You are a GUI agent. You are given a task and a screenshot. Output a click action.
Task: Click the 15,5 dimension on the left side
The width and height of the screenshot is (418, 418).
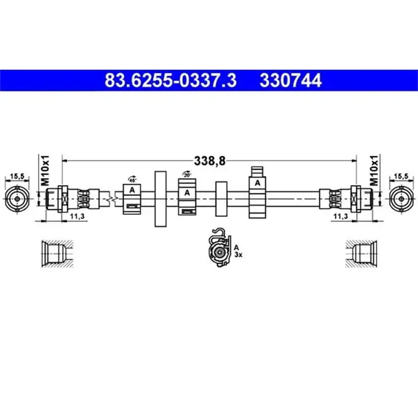pyautogui.click(x=17, y=176)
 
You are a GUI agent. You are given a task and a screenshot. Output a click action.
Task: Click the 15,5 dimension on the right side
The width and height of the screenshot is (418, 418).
pyautogui.click(x=401, y=176)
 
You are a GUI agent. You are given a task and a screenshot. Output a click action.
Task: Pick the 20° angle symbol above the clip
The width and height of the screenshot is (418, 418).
pyautogui.click(x=187, y=175)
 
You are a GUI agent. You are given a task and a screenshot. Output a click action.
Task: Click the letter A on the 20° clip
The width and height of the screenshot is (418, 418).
pyautogui.click(x=187, y=192)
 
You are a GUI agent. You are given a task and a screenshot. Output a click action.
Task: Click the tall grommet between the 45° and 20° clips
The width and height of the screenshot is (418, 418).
pyautogui.click(x=160, y=198)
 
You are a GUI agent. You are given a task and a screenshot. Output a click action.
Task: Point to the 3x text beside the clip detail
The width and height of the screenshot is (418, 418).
pyautogui.click(x=238, y=254)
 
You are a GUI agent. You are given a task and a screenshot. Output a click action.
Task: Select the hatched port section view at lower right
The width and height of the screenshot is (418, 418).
pyautogui.click(x=362, y=253)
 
